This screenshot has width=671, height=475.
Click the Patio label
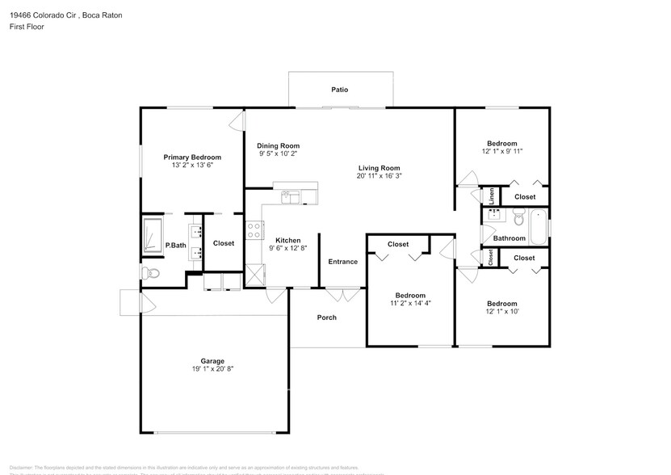coord(340,90)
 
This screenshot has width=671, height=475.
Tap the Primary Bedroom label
coord(192,158)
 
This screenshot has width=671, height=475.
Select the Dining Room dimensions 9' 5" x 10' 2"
coord(279,153)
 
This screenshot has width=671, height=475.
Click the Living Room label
coord(380,168)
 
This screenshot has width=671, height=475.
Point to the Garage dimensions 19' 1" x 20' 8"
coord(212,369)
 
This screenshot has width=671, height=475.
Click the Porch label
coord(327,317)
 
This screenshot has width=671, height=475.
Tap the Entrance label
coord(342,262)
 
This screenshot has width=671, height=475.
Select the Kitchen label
coord(288,241)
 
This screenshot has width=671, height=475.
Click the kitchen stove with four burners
coord(254,230)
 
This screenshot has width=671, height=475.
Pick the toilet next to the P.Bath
coord(153,274)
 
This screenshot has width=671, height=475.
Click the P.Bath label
coord(175,246)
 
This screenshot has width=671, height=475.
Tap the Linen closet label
coord(491,196)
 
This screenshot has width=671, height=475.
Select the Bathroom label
coord(510,238)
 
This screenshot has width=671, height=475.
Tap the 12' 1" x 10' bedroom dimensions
coord(501,311)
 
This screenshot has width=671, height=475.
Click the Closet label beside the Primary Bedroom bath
coord(224,243)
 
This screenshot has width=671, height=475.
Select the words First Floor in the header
coord(27,27)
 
